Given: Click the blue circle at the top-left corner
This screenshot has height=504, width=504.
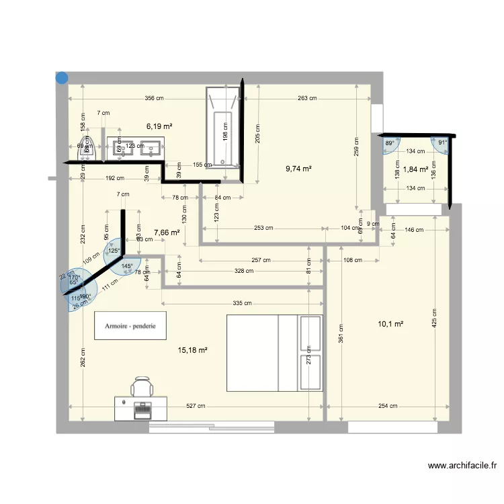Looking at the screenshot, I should [x=61, y=78].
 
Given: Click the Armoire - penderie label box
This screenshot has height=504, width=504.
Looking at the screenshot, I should [x=130, y=326].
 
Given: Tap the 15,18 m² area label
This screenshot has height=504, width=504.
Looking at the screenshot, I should [x=193, y=349].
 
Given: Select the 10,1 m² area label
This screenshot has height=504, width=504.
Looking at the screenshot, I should [x=390, y=324].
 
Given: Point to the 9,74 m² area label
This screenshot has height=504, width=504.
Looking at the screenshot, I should [x=298, y=169].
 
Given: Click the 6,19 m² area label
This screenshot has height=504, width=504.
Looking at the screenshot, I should [x=160, y=126].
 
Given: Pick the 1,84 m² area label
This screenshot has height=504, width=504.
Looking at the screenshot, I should [x=415, y=169].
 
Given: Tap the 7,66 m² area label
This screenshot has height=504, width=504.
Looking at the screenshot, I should [x=167, y=233].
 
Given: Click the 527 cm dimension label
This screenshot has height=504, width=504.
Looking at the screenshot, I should [x=196, y=405].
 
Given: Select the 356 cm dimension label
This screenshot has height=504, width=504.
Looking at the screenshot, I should [x=155, y=99].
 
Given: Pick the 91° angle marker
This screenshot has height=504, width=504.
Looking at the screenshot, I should [x=442, y=142].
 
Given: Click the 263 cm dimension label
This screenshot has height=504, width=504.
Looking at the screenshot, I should [x=307, y=99].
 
